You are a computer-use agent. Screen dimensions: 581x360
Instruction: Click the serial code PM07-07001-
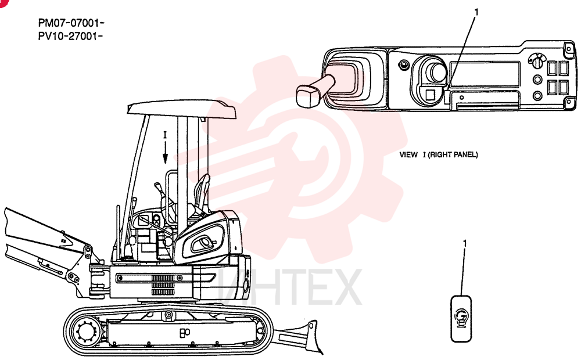pos(71,23)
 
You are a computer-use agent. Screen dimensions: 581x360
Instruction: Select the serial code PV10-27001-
pos(70,37)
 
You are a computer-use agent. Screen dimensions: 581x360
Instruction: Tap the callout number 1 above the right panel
pos(476,13)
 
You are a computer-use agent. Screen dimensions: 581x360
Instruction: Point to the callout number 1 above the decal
pos(465,243)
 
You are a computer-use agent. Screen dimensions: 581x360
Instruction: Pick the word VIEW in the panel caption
pos(408,155)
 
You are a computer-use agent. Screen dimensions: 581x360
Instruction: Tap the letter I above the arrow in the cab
pos(165,135)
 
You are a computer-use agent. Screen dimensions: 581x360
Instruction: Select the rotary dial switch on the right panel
pos(536,62)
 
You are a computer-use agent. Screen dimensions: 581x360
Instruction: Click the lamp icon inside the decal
pos(461,318)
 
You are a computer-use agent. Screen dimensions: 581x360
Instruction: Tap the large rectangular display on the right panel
pos(485,74)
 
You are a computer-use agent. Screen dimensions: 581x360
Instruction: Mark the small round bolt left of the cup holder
pos(404,66)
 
